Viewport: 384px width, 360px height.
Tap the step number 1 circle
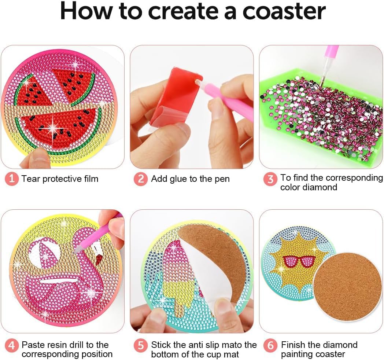tap(11, 179)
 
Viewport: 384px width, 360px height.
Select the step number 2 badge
tap(141, 179)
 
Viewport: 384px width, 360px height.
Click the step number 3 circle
tap(270, 179)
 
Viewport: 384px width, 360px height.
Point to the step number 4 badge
tap(11, 346)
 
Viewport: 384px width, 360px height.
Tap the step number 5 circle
tap(141, 346)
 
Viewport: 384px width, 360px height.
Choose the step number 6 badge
tap(270, 346)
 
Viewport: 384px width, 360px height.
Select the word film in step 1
tap(91, 179)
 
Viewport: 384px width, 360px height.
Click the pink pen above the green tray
tap(329, 66)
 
